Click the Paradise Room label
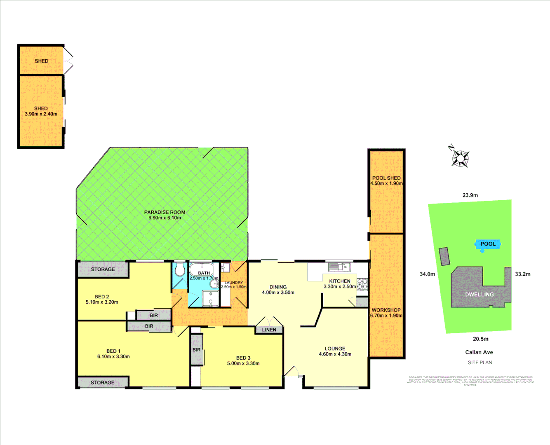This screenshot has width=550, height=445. tap(165, 212)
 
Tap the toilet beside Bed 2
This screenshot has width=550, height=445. tap(179, 271)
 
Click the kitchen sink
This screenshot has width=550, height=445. tap(339, 267)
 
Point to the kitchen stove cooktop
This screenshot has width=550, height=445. tap(362, 284)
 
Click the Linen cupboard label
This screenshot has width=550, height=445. tap(269, 330)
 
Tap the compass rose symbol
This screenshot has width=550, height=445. tap(459, 158)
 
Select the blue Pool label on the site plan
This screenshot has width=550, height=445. tap(488, 244)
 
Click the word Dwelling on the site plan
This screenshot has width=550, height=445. tap(479, 295)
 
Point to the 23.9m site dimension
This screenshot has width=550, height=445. tap(470, 195)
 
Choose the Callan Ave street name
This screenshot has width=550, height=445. tap(479, 352)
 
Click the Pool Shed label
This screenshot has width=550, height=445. tap(386, 178)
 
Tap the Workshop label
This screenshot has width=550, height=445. tap(386, 310)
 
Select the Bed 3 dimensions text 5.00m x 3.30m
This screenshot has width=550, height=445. tap(243, 363)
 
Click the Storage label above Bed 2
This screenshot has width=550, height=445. tap(103, 269)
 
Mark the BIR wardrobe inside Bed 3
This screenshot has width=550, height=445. tap(197, 350)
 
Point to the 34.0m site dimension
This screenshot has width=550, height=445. tap(427, 274)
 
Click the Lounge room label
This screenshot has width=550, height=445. tap(335, 349)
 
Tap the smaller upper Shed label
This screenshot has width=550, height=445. tap(42, 61)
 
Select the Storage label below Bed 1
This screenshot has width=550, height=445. tap(103, 383)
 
